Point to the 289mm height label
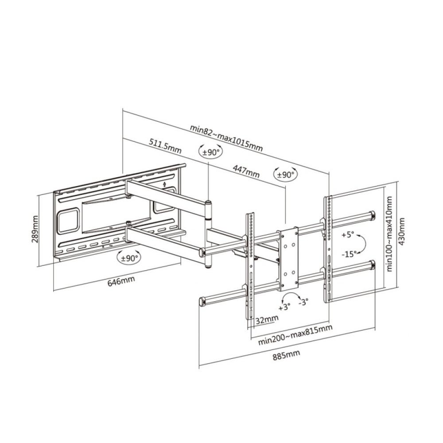point(35,229)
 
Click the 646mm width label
point(121,280)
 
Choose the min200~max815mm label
point(295,335)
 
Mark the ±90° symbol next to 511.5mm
point(210,152)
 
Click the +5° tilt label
point(348,235)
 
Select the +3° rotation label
point(284,307)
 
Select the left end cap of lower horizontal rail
point(202,302)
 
